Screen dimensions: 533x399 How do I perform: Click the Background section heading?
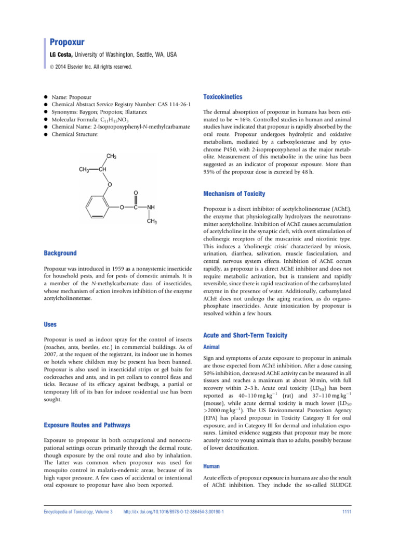[x=60, y=253]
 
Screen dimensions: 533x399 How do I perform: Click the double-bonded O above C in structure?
[x=136, y=192]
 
